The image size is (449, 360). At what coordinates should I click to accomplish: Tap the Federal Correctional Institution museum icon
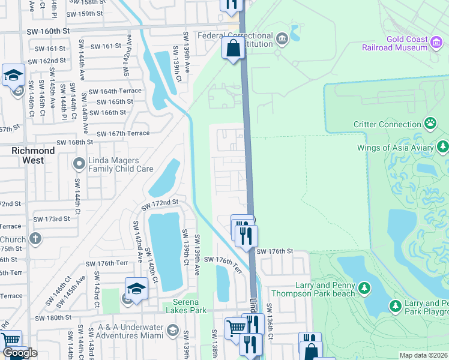pyautogui.click(x=282, y=40)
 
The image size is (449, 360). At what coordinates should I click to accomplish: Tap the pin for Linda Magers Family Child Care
pyautogui.click(x=79, y=164)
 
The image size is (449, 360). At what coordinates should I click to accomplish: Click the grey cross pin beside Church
pyautogui.click(x=35, y=238)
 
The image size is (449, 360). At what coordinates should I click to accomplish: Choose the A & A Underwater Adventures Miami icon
pyautogui.click(x=173, y=329)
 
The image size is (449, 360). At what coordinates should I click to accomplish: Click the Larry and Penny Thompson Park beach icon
pyautogui.click(x=364, y=289)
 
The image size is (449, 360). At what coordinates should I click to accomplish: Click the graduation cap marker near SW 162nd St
pyautogui.click(x=13, y=76)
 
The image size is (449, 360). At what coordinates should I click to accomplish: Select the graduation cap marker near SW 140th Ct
pyautogui.click(x=136, y=289)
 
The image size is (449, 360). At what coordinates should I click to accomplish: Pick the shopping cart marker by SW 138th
pyautogui.click(x=236, y=328)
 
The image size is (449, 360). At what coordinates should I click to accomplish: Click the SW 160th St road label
pyautogui.click(x=49, y=30)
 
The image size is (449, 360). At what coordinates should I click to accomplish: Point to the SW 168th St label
pyautogui.click(x=75, y=142)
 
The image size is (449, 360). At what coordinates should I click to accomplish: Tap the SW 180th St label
pyautogui.click(x=53, y=317)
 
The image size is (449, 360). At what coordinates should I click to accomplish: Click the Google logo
pyautogui.click(x=20, y=353)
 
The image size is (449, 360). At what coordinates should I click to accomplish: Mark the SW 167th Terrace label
pyautogui.click(x=122, y=134)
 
